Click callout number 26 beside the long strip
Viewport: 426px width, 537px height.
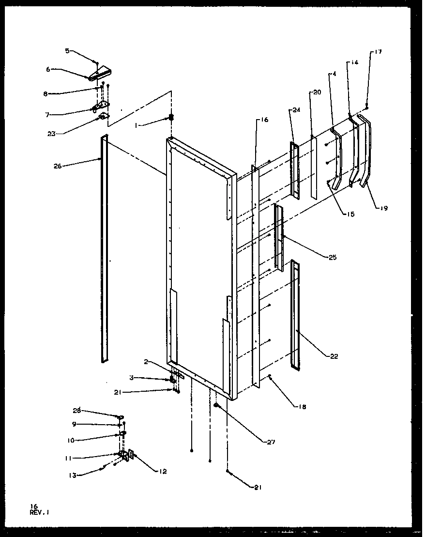[x=58, y=166]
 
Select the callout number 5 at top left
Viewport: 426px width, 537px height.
[x=68, y=50]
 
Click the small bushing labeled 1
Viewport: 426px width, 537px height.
[x=171, y=117]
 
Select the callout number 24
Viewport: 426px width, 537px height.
[x=296, y=110]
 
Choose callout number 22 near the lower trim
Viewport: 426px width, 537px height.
[x=334, y=356]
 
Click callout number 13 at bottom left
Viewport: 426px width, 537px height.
[x=73, y=475]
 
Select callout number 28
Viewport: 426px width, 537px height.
[x=76, y=411]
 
